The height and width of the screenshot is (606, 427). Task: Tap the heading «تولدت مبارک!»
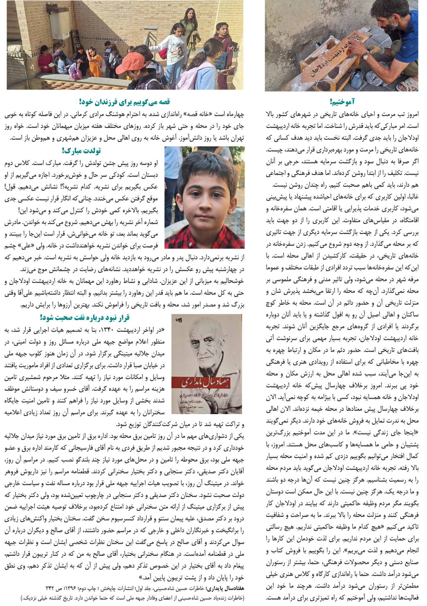point(81,151)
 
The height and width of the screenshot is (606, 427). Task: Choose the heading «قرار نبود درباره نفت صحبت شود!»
point(85,318)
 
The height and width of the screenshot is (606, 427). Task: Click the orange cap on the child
point(130,63)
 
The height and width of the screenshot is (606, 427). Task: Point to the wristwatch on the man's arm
point(366,55)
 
